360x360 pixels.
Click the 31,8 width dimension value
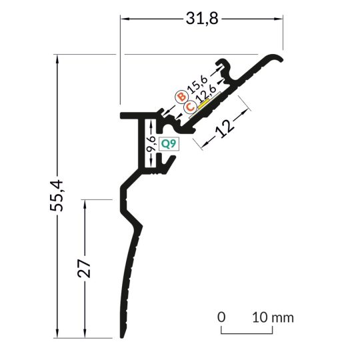tap(202, 19)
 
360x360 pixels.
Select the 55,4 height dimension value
tap(56, 195)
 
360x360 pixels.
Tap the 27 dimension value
tap(84, 269)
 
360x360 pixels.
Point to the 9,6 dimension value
tap(151, 143)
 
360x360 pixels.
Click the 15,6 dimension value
tap(197, 84)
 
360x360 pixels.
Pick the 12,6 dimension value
tap(207, 94)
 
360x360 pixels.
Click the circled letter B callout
tap(182, 97)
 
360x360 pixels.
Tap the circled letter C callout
tap(190, 107)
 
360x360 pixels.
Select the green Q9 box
tap(169, 144)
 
